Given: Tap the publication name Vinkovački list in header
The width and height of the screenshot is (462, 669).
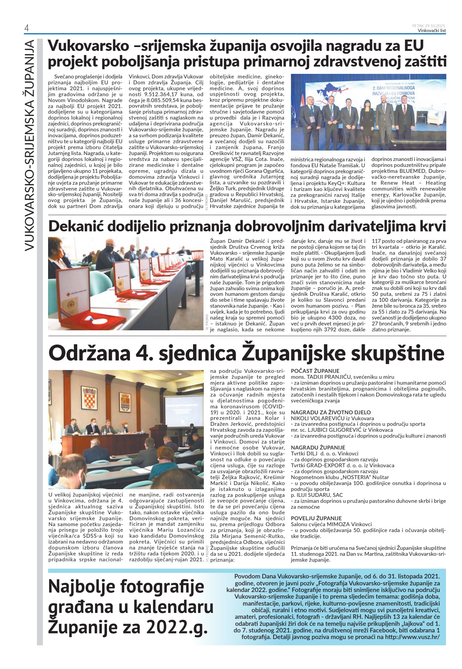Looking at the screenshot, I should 432,30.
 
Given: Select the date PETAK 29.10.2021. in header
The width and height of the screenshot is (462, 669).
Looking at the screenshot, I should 429,26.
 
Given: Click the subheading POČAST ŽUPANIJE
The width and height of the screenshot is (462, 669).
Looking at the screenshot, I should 315,371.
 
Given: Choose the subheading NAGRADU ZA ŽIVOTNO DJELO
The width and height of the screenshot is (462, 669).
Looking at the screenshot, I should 331,412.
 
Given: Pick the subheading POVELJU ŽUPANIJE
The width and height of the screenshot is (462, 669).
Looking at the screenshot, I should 316,518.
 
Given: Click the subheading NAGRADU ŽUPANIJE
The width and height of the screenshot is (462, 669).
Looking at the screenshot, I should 318,447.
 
